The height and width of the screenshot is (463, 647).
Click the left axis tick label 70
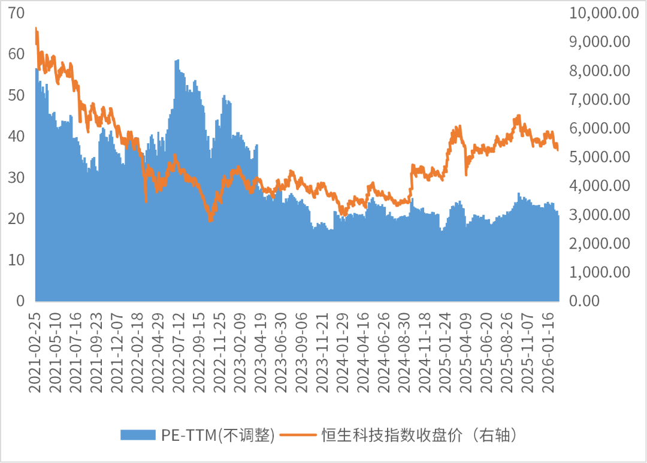click(x=17, y=13)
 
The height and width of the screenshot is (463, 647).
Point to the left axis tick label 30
click(x=17, y=178)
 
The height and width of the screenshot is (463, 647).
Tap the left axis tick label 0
click(x=20, y=301)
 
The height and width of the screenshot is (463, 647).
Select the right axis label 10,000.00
click(x=604, y=13)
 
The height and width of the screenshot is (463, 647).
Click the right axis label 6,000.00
click(x=600, y=128)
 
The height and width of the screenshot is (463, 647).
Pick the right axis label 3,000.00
click(x=600, y=214)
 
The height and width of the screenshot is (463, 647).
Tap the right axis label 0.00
click(x=584, y=301)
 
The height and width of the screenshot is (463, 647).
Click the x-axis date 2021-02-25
click(x=35, y=352)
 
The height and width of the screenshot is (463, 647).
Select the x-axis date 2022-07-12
click(x=179, y=352)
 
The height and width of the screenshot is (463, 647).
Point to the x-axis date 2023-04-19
click(x=261, y=352)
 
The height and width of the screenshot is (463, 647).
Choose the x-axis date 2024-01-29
click(x=343, y=352)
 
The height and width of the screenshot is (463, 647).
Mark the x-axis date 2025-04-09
click(x=465, y=352)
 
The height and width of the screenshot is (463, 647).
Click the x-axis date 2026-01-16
click(x=548, y=352)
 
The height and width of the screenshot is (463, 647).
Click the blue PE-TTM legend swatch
click(x=138, y=435)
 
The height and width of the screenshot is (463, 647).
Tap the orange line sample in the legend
click(x=298, y=435)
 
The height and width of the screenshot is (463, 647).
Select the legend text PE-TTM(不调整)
click(x=218, y=435)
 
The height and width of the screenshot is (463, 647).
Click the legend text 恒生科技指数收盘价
click(x=392, y=435)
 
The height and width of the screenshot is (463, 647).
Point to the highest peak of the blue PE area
click(x=177, y=60)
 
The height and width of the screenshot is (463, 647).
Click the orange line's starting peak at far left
click(x=36, y=28)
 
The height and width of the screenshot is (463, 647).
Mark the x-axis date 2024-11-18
click(x=425, y=352)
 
